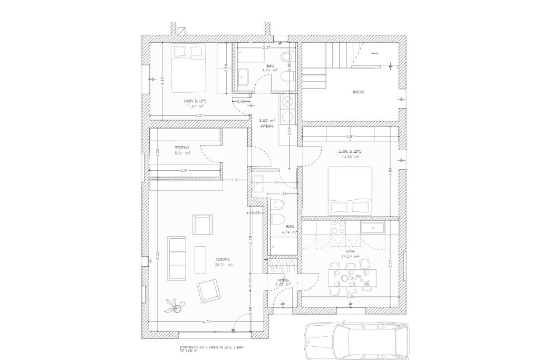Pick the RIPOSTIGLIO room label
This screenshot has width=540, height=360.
182,147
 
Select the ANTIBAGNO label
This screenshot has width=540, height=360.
267,126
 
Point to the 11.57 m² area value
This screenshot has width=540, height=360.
195,105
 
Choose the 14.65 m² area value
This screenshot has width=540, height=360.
349,157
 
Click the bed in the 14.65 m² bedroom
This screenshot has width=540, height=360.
350,191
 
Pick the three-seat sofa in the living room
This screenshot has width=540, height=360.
177,258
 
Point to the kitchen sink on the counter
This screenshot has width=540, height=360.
372,228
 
